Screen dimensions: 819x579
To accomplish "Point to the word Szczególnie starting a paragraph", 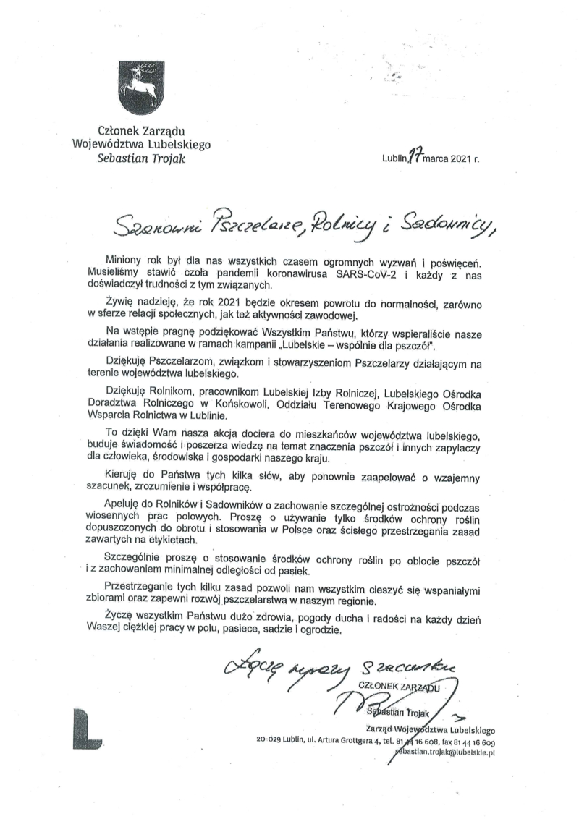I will click(x=135, y=560).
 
